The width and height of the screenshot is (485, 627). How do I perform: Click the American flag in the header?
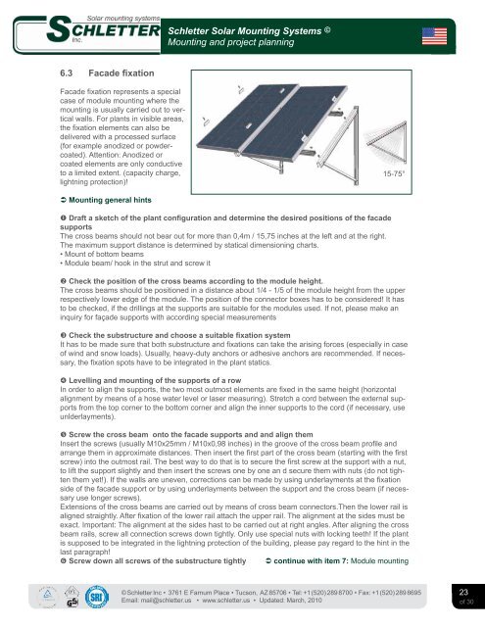coord(434,36)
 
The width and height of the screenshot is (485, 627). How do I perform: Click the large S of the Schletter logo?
coord(60,28)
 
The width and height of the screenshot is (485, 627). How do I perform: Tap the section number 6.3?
coord(67,73)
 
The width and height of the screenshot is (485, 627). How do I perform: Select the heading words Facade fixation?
coord(121,73)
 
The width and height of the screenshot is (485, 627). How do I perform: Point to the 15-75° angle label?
coord(394,173)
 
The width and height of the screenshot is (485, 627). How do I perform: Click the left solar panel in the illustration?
coord(248,118)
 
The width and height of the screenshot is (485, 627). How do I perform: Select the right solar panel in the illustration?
coord(294,121)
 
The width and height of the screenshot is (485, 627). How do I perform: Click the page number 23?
coord(463,592)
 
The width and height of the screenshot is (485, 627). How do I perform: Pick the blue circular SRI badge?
coord(97,597)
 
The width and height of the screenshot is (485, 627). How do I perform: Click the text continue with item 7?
coord(311,561)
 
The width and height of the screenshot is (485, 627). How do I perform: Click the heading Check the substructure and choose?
coord(179,335)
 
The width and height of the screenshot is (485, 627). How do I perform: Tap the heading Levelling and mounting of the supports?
coord(155,380)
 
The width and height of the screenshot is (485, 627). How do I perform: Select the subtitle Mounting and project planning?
coord(230,42)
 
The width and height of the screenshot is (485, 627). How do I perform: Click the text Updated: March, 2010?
coord(290,601)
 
